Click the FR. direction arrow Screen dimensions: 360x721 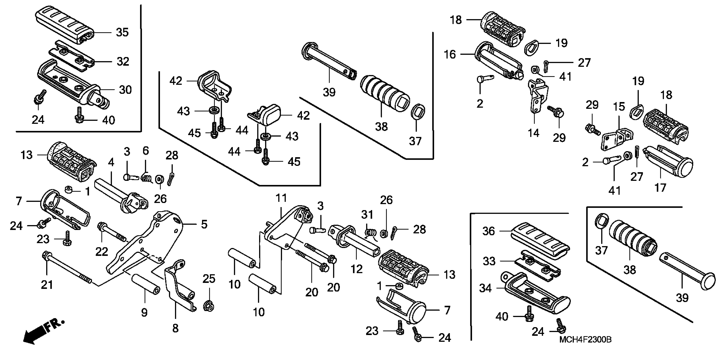tap(42, 331)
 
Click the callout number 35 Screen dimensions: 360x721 tap(122, 32)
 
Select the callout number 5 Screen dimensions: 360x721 tap(204, 224)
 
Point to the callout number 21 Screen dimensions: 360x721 tap(47, 285)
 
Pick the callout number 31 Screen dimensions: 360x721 tap(367, 215)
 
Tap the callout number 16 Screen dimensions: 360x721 tap(450, 54)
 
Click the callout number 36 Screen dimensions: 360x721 tap(488, 231)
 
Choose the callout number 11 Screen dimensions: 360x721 tap(281, 198)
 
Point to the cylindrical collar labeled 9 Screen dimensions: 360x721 tap(145, 287)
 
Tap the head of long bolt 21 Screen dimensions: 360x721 tap(46, 255)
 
